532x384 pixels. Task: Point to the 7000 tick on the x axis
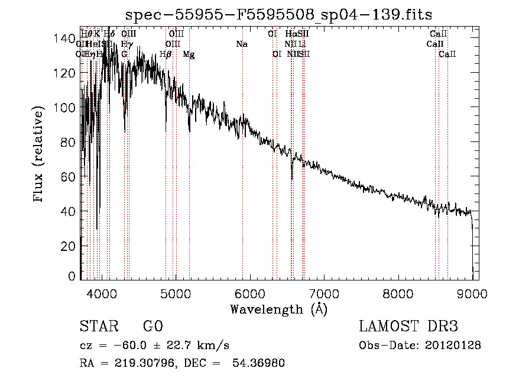click(323, 294)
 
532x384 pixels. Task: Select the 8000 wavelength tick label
click(398, 294)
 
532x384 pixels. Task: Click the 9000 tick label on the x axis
click(472, 294)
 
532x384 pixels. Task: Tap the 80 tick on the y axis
click(69, 142)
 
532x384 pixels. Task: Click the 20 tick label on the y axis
click(69, 246)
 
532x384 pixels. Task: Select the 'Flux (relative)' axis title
click(39, 155)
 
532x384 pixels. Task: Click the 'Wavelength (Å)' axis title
click(278, 309)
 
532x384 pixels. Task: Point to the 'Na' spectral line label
click(241, 44)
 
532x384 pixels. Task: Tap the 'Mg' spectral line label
click(189, 54)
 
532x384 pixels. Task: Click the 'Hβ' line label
click(166, 54)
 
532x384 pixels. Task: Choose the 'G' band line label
click(124, 54)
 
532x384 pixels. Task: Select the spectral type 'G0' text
click(153, 327)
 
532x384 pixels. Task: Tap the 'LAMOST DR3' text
click(408, 327)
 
